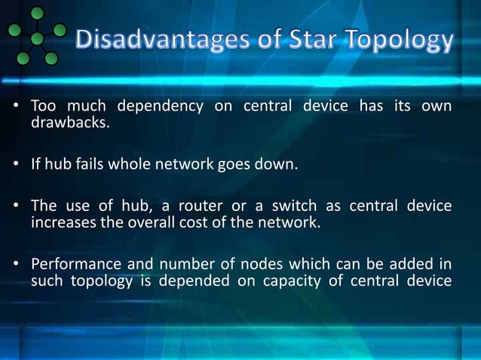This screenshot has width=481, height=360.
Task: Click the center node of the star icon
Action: coord(36,38)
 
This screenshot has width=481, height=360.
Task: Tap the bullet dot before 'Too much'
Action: coord(15,107)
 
